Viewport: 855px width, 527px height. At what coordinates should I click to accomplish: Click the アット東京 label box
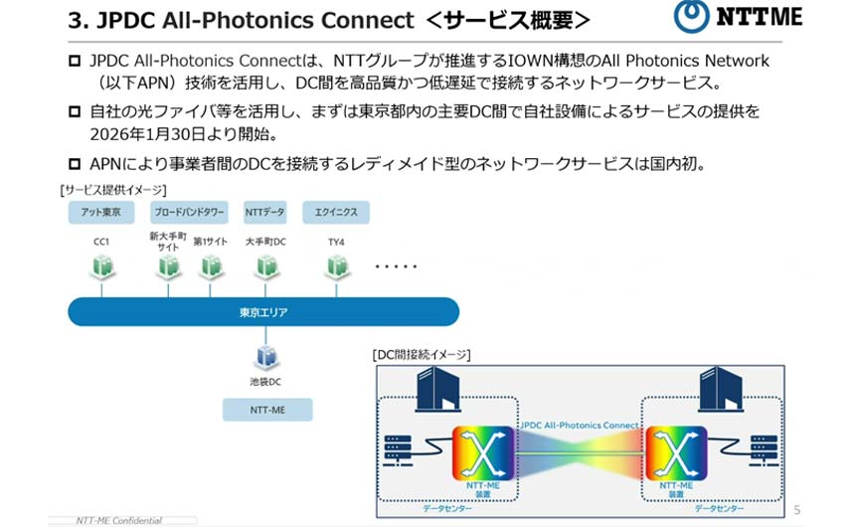click(x=101, y=212)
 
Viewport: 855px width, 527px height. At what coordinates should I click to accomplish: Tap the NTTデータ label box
click(x=264, y=212)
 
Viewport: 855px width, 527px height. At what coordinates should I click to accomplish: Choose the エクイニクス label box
click(x=335, y=212)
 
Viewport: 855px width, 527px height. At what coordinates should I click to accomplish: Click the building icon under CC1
click(x=101, y=266)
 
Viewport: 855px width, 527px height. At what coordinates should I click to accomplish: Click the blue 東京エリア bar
click(x=263, y=312)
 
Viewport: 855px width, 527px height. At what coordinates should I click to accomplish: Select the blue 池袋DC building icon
click(x=265, y=356)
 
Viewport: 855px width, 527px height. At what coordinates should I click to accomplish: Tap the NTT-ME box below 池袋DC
click(x=266, y=409)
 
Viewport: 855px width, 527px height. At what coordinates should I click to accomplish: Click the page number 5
click(x=796, y=510)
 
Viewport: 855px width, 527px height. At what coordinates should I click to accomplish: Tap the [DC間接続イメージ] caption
click(x=422, y=354)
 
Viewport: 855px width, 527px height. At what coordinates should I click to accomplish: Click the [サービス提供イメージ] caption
click(x=113, y=189)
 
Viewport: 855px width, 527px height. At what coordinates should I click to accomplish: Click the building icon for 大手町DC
click(x=265, y=266)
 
